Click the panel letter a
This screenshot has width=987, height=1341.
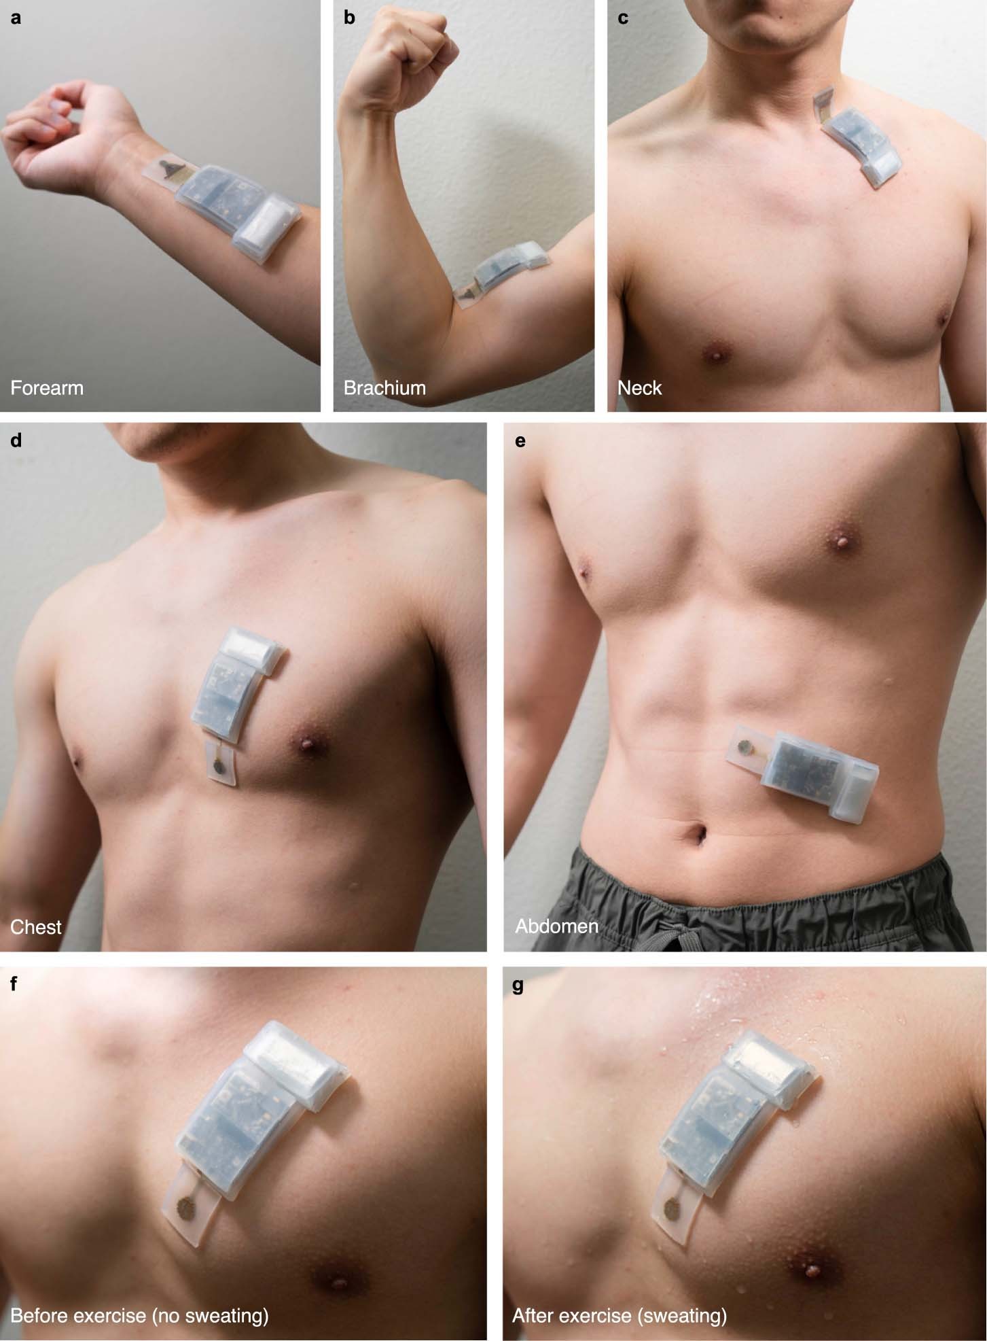pos(16,18)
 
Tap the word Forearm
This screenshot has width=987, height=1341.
pos(47,388)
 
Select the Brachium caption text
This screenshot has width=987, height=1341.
pos(384,388)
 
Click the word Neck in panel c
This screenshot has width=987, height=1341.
pos(639,388)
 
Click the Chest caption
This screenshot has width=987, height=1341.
pos(36,927)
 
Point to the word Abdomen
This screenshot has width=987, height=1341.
pos(556,926)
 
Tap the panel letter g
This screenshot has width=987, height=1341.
pos(518,986)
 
